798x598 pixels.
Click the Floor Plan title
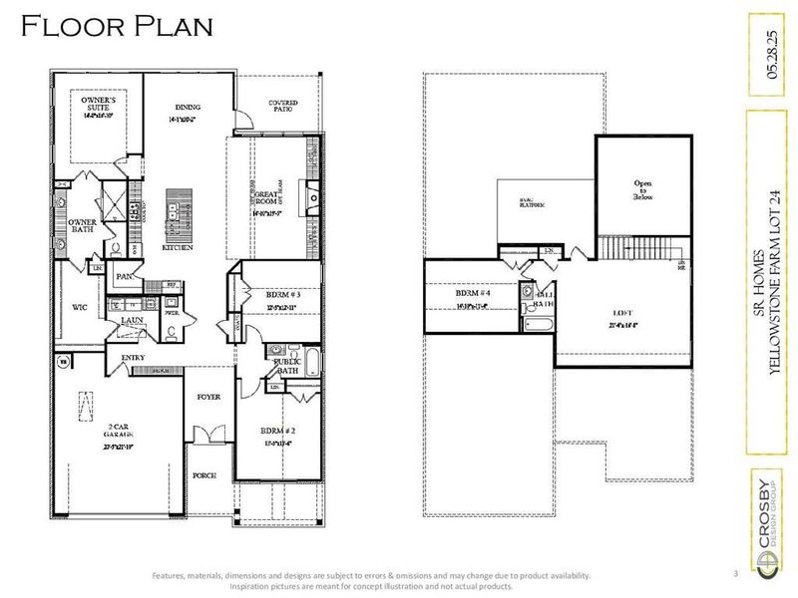tap(117, 27)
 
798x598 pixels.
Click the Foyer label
tap(207, 395)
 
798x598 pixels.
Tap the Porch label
tap(204, 475)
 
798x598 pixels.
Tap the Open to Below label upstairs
tap(643, 190)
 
